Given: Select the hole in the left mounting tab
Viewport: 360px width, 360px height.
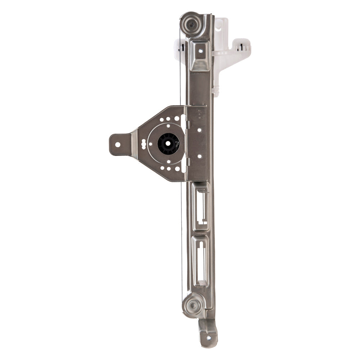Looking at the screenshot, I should (117, 144).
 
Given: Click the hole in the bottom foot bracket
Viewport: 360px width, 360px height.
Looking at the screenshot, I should (207, 337).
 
